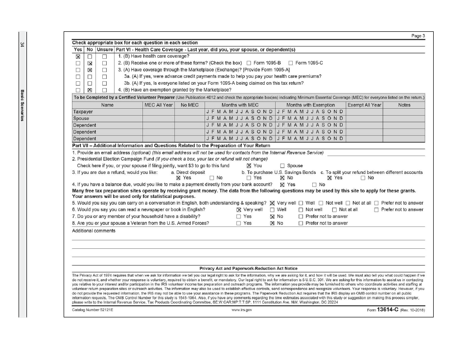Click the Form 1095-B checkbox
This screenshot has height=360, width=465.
(249, 63)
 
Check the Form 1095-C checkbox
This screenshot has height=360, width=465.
(291, 63)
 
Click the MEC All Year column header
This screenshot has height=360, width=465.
(158, 105)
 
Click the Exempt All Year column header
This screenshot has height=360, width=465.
(364, 105)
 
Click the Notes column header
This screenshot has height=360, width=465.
(404, 105)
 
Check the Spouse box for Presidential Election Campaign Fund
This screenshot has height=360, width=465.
(282, 166)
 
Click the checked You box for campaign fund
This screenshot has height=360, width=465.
(249, 166)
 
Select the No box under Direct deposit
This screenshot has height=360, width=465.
(212, 178)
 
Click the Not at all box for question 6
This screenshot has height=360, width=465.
(334, 210)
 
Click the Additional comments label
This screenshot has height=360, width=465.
(93, 231)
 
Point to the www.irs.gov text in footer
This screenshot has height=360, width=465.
(242, 311)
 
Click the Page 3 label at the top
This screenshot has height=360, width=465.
(417, 36)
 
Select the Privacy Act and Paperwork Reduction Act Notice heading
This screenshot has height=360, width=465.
(248, 268)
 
